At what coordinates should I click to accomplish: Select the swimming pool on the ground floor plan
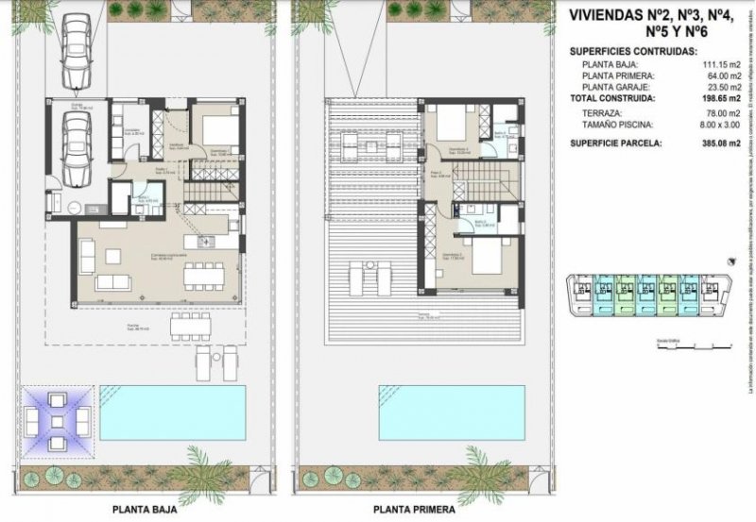(x=172, y=412)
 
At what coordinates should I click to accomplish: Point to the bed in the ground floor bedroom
(x=219, y=130)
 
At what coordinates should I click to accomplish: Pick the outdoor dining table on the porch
(x=190, y=326)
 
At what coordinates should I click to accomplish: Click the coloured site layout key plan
(x=647, y=296)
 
